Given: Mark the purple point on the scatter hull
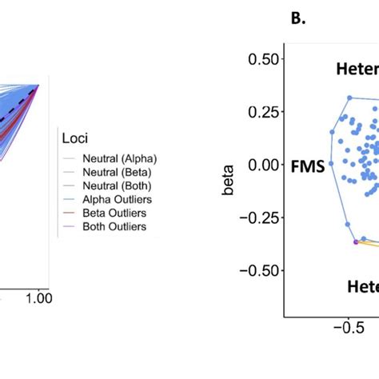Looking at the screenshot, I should [356, 240].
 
